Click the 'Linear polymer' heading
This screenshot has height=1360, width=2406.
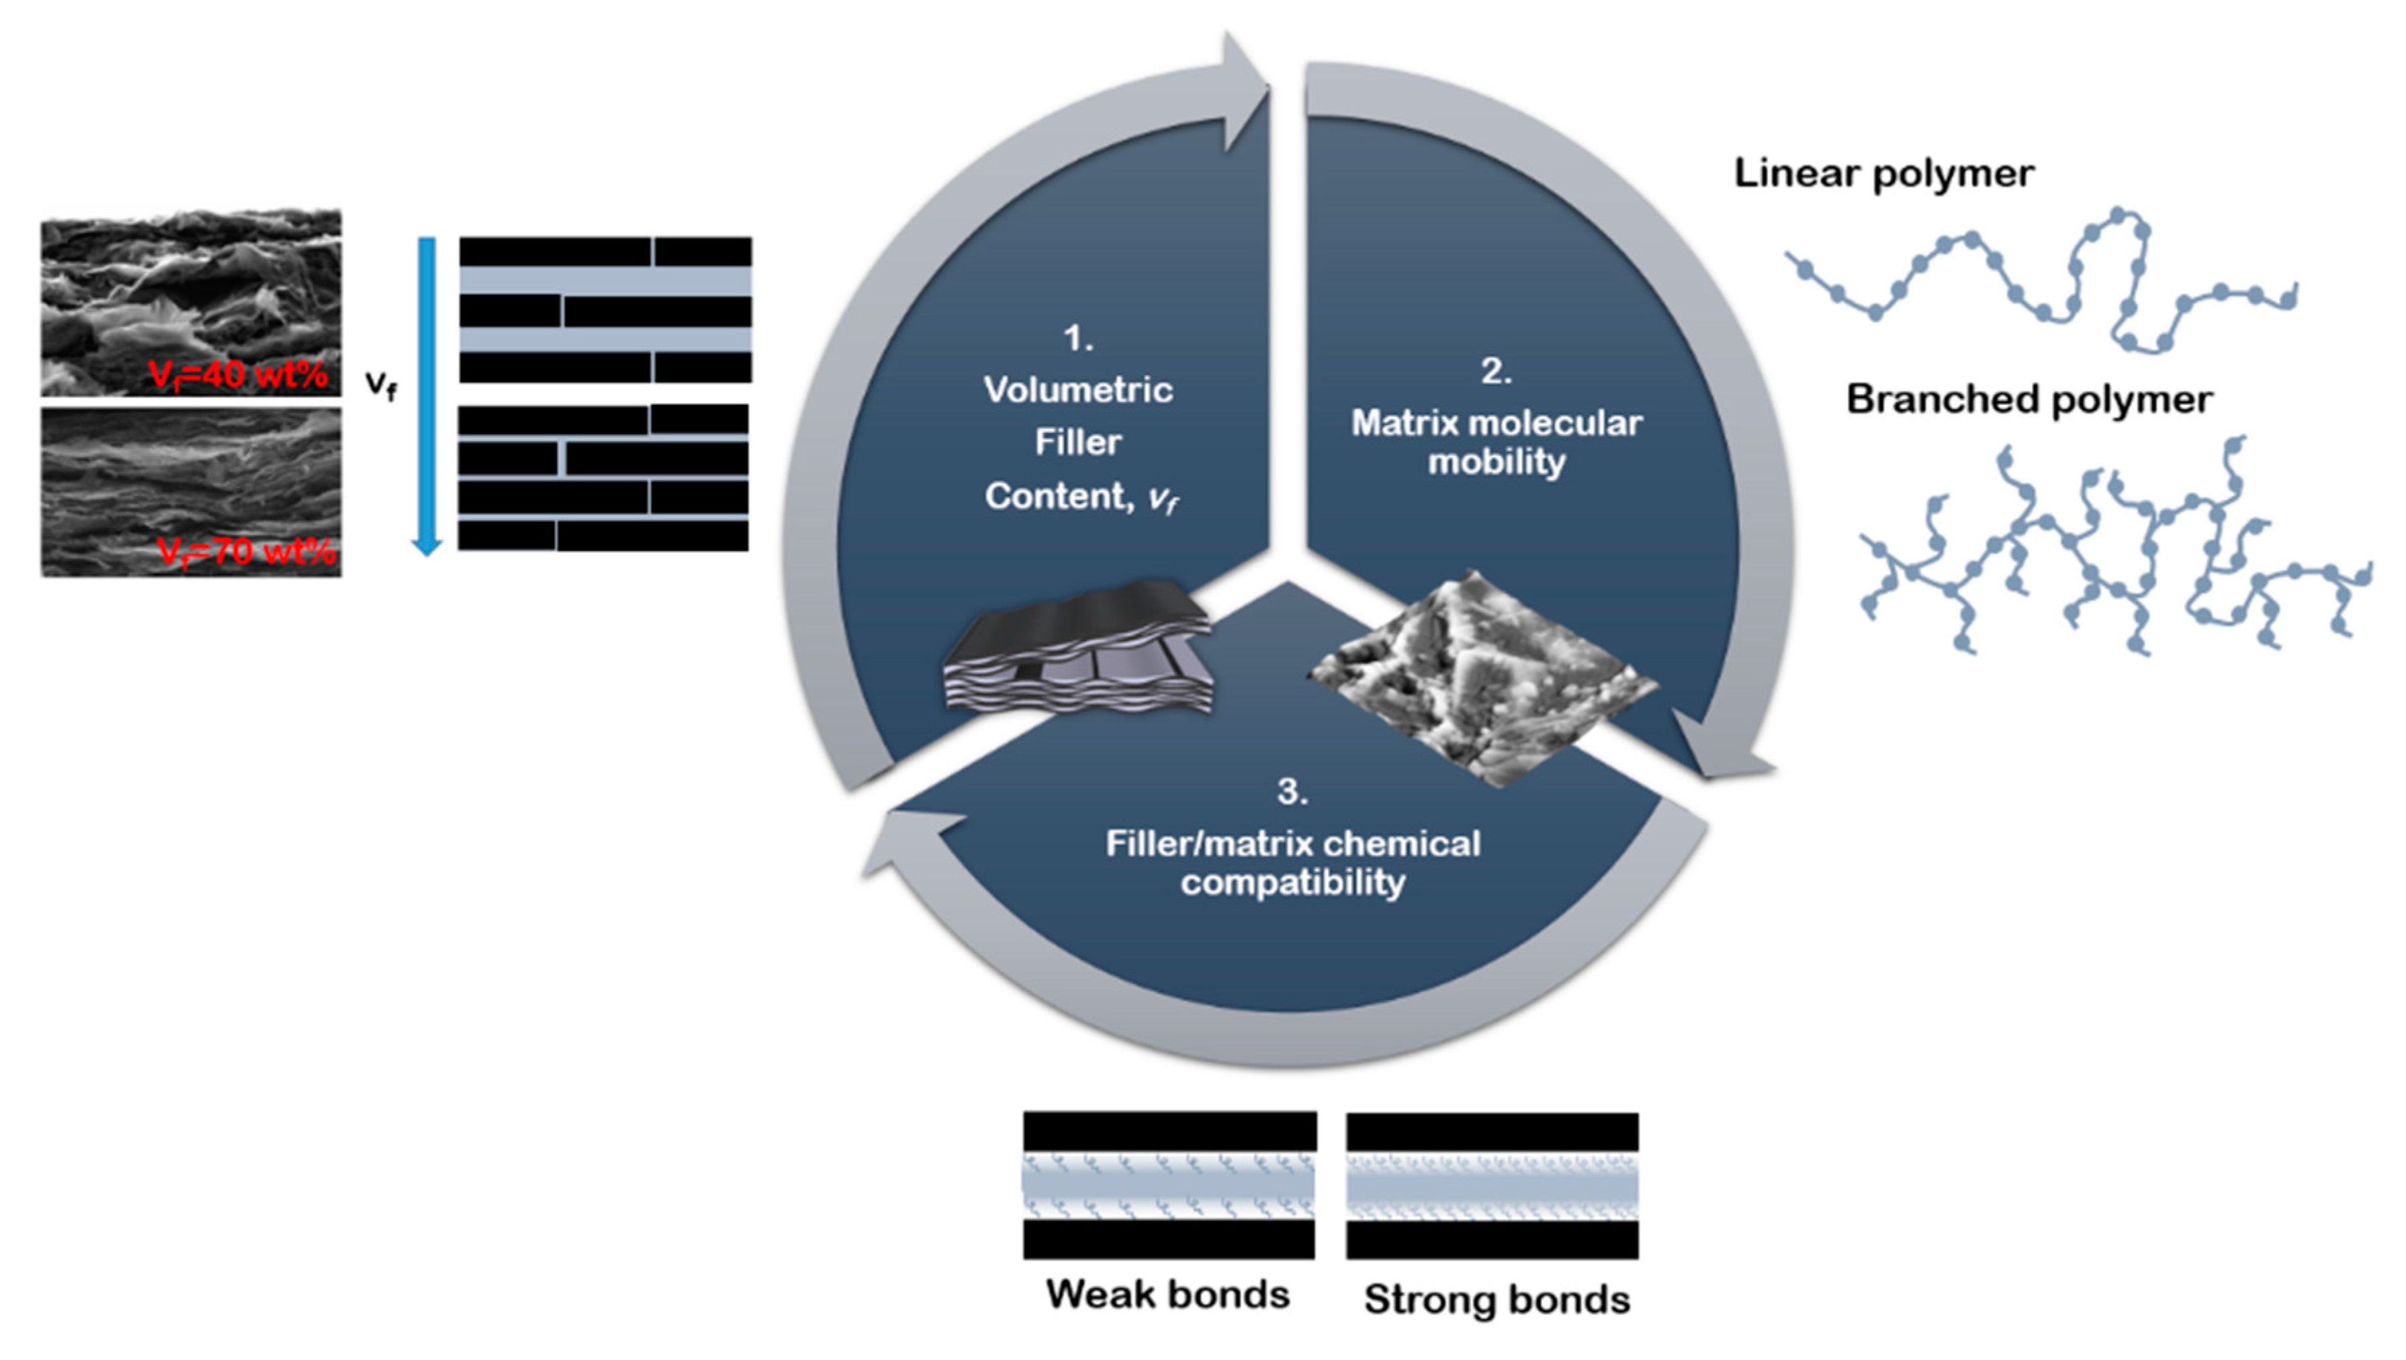[1883, 174]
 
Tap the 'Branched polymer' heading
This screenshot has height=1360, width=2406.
[2029, 400]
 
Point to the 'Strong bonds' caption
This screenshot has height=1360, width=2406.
[1496, 1300]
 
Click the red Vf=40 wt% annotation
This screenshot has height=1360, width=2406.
[238, 375]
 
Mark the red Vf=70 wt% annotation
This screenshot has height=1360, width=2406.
[246, 551]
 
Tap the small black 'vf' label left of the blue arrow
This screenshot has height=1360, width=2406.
[380, 383]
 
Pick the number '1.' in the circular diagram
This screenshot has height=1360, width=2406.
[1078, 338]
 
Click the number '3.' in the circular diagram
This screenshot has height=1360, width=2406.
[1292, 791]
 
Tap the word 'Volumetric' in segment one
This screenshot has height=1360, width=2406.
[1078, 391]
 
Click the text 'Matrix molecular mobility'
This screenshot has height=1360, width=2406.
[1496, 442]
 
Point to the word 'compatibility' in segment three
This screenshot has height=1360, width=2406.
[1292, 883]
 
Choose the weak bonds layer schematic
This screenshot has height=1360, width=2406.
[1169, 1184]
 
